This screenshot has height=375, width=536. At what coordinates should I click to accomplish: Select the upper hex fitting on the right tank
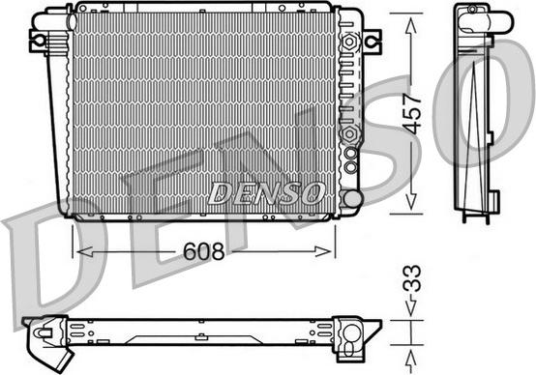click(x=349, y=43)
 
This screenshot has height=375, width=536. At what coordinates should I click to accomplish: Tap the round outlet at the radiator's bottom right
click(x=352, y=199)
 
